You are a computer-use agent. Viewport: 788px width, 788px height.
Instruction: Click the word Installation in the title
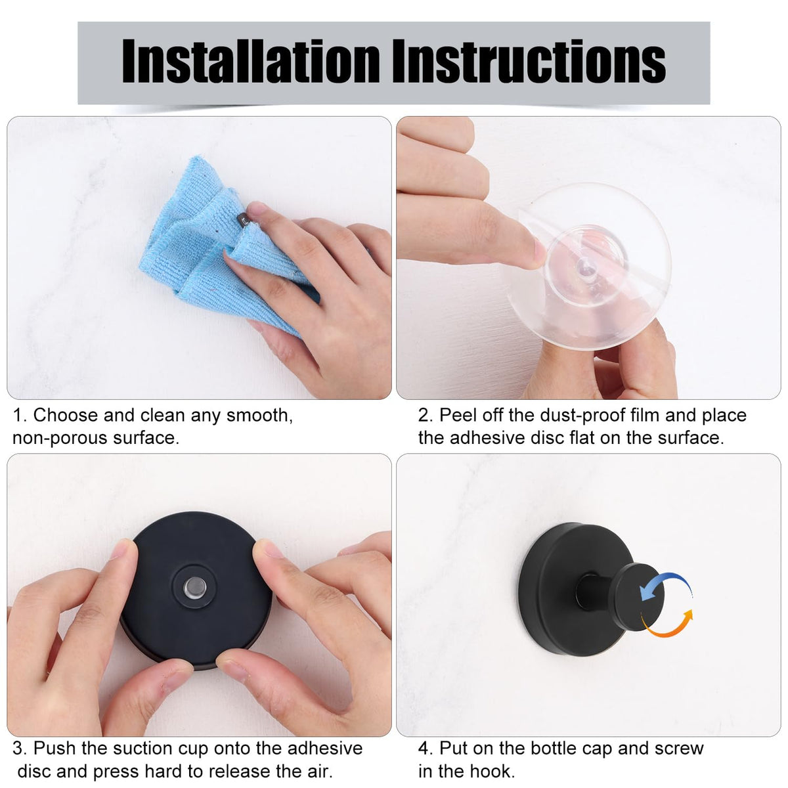(x=251, y=61)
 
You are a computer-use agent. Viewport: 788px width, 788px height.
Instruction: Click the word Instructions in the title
(x=529, y=61)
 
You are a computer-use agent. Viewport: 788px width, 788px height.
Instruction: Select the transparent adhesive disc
(x=589, y=266)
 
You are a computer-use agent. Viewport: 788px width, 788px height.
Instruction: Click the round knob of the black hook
(x=637, y=597)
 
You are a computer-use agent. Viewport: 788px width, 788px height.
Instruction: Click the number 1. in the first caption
(x=20, y=416)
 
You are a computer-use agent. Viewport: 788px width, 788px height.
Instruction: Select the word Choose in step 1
(x=66, y=415)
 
